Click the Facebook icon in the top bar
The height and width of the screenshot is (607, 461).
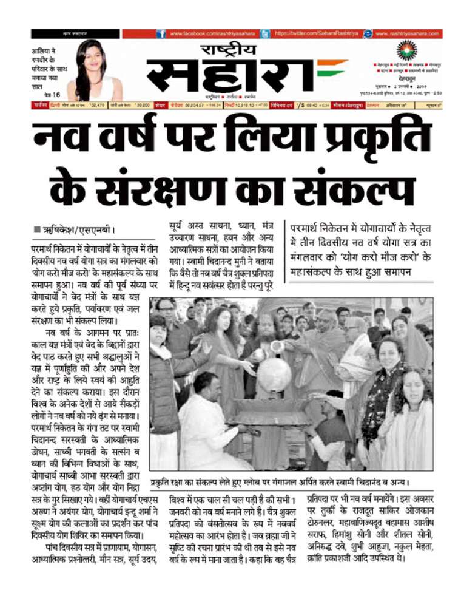pyautogui.click(x=161, y=34)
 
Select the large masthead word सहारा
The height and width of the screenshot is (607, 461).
pyautogui.click(x=232, y=75)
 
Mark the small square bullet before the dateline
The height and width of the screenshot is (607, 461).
pyautogui.click(x=37, y=231)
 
